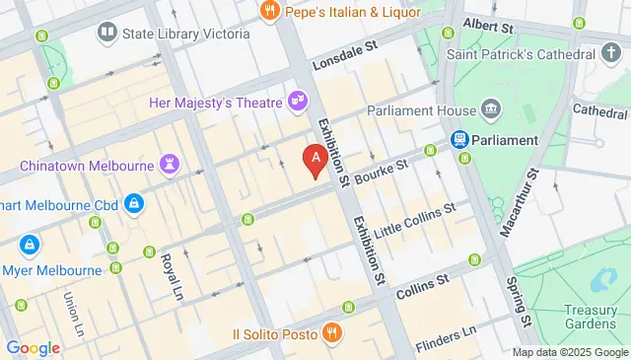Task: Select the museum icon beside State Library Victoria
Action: (x=106, y=34)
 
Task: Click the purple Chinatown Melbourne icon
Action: (x=173, y=164)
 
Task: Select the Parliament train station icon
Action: (x=459, y=140)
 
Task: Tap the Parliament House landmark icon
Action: (x=490, y=109)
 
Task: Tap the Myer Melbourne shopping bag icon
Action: (x=32, y=243)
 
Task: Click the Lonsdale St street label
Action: (x=345, y=59)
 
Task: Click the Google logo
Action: (x=33, y=347)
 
